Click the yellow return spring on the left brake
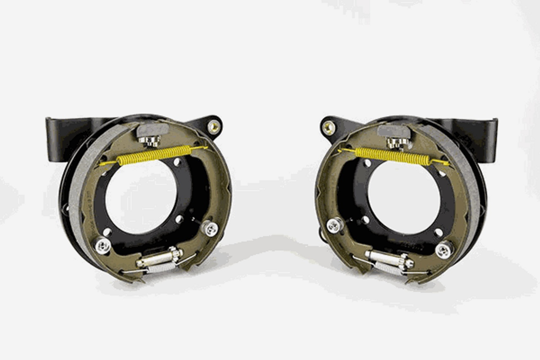[x=154, y=154]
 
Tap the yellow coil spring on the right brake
[x=392, y=156]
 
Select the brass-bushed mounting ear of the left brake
[x=214, y=125]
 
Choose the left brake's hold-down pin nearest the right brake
[x=210, y=228]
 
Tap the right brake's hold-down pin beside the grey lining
[x=444, y=249]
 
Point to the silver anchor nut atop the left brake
[x=149, y=140]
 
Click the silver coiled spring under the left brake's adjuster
[x=160, y=267]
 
